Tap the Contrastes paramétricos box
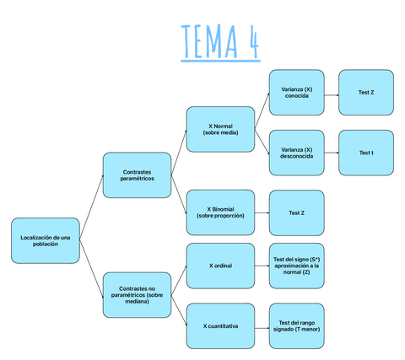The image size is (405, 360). click(x=138, y=175)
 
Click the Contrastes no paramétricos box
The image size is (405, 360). click(x=138, y=295)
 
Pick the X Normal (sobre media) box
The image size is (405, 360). click(x=220, y=129)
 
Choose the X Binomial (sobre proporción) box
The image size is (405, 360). click(x=220, y=212)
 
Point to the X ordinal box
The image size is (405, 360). click(x=220, y=266)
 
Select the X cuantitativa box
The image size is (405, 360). click(x=220, y=325)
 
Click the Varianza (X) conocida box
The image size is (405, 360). click(x=297, y=92)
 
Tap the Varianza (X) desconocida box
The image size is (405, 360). click(x=297, y=153)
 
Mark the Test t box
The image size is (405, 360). click(x=365, y=153)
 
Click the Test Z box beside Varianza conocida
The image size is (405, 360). click(x=365, y=92)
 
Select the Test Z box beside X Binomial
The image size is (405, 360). click(x=296, y=212)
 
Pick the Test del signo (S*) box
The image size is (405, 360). click(x=296, y=266)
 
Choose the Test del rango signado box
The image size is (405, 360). click(x=296, y=325)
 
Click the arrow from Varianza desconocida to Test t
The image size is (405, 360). click(x=332, y=153)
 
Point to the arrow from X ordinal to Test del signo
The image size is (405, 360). click(x=262, y=266)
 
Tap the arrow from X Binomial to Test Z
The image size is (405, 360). click(x=262, y=212)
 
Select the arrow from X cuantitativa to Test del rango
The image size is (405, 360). click(x=262, y=325)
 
